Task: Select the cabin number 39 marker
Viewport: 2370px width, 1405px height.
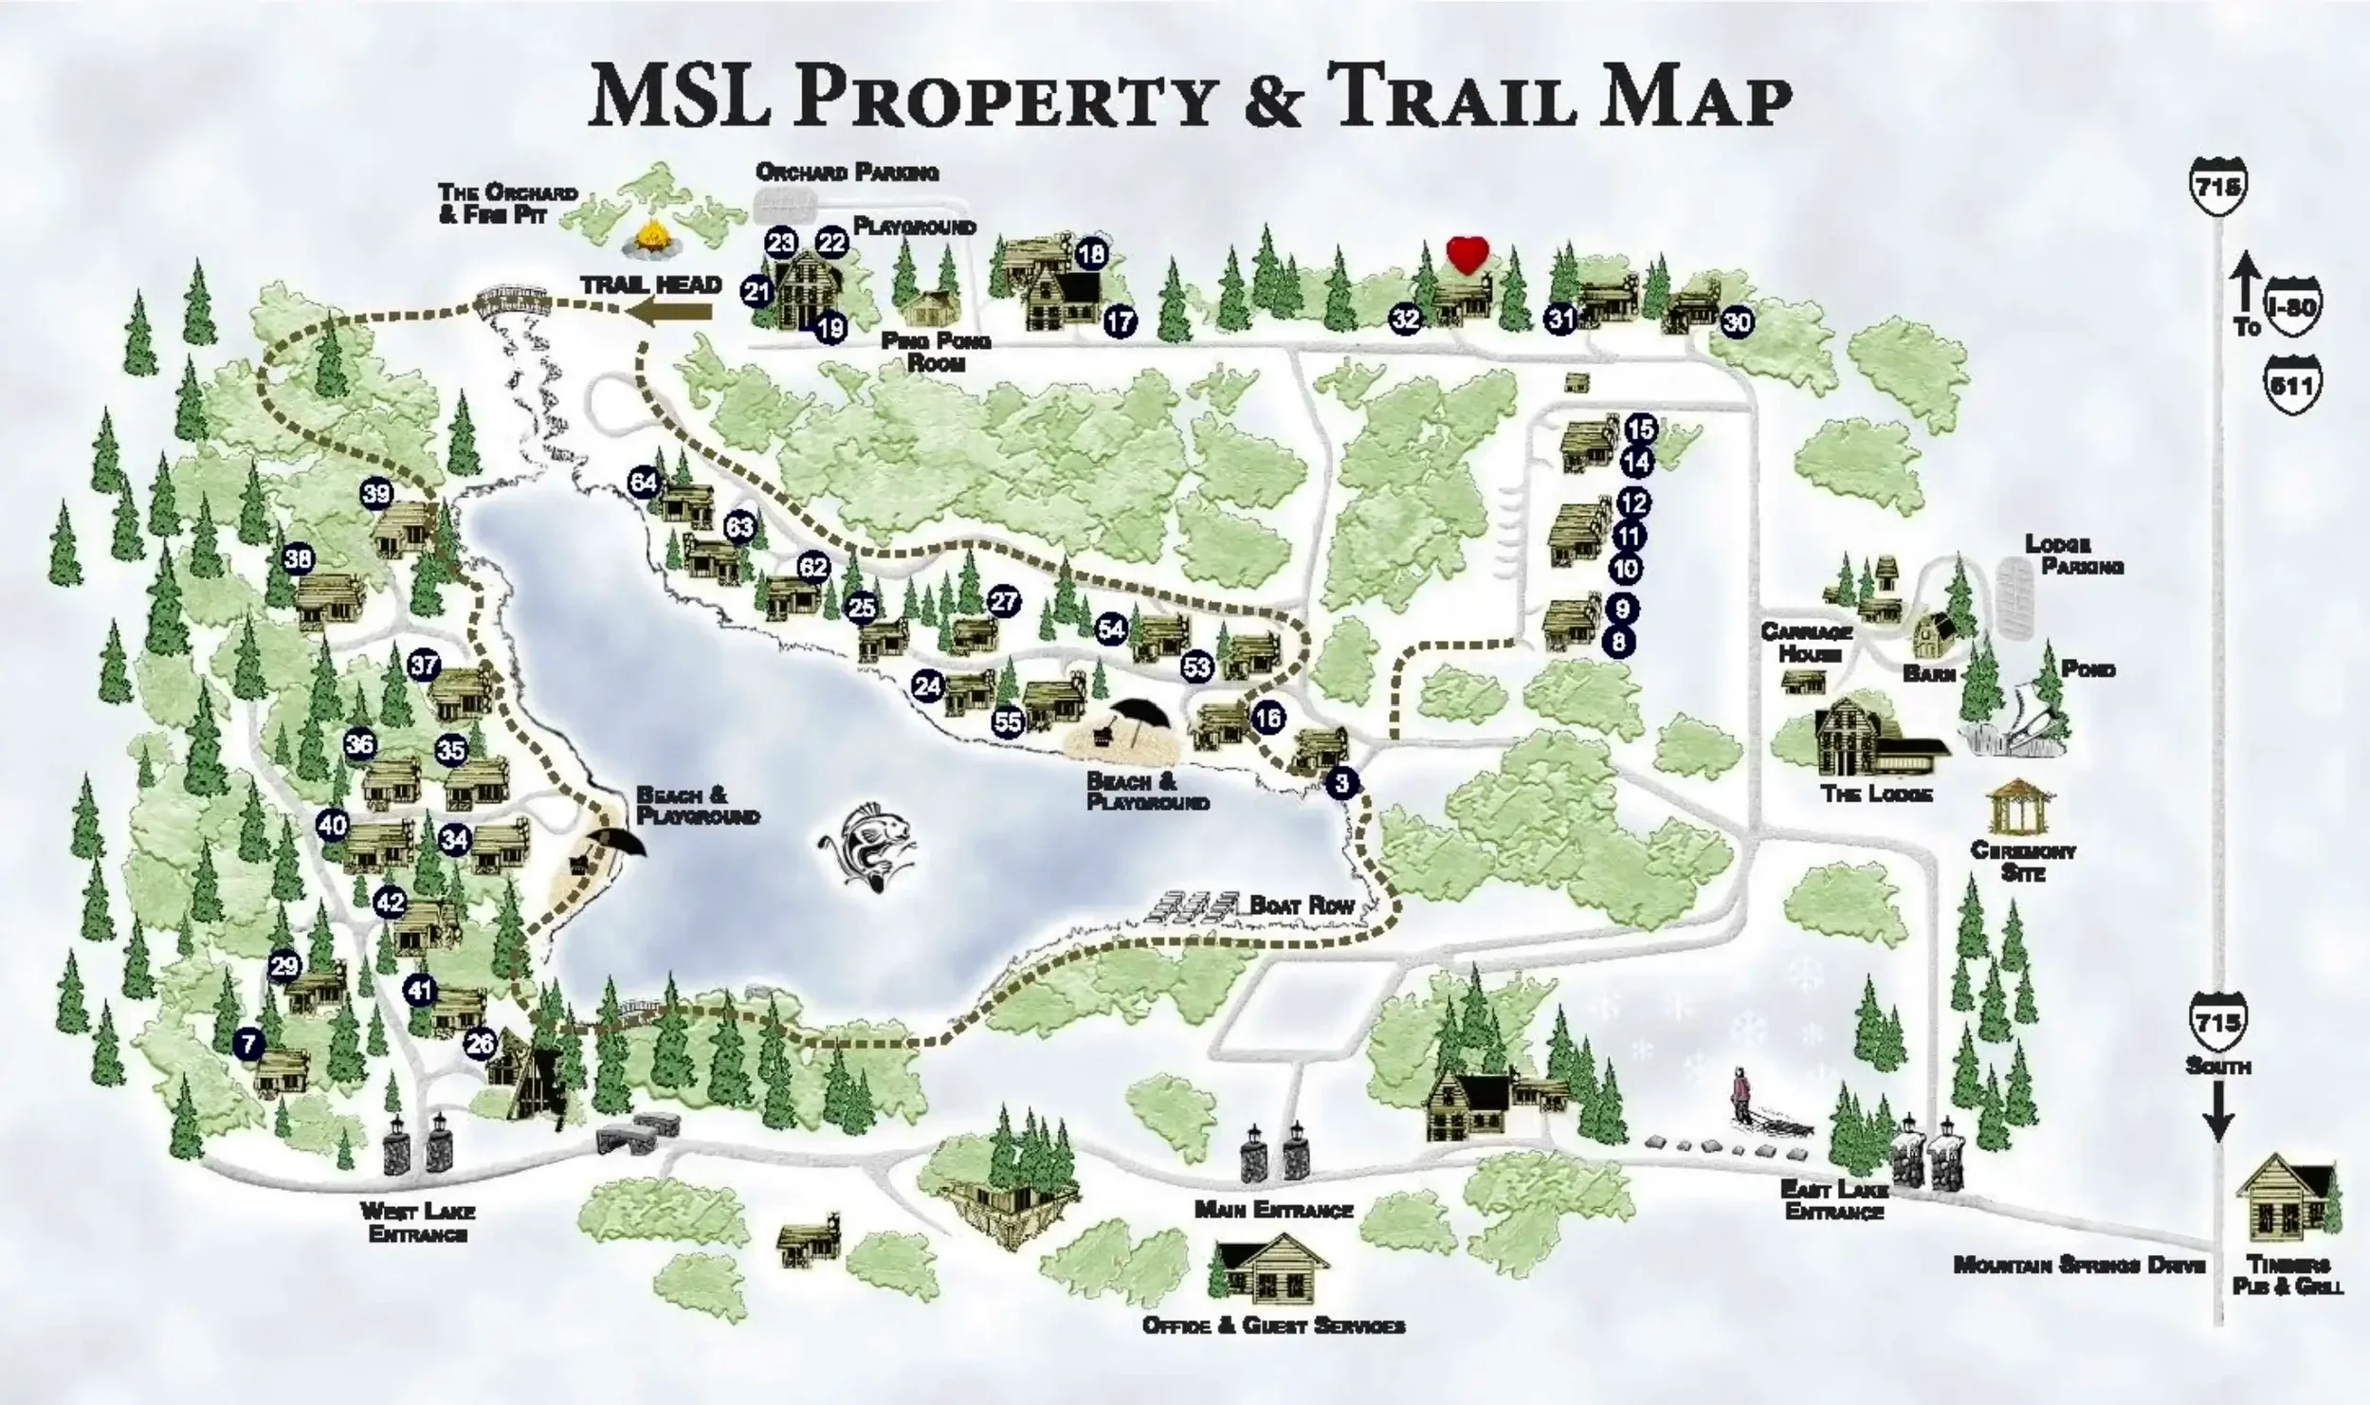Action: coord(376,493)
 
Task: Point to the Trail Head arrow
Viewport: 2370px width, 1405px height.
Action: coord(674,310)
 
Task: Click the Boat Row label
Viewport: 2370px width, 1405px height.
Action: coord(1302,904)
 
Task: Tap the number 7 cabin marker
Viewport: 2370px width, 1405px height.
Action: coord(248,1045)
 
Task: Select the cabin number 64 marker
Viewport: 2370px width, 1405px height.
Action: coord(644,483)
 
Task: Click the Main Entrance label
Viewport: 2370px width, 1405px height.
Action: coord(1273,1211)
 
